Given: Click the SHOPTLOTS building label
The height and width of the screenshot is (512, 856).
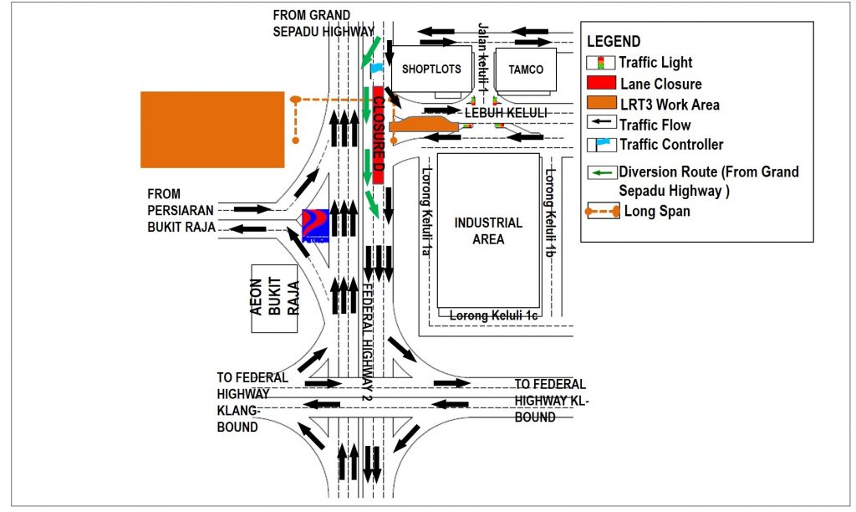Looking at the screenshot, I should pos(431,69).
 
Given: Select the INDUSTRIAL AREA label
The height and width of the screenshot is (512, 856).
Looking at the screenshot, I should pos(488,231).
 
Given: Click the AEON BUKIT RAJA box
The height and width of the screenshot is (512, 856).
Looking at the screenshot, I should pos(275,298).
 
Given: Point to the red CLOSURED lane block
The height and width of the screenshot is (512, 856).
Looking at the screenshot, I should pos(378,134).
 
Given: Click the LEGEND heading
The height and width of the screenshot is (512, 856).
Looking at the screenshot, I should pos(614,42).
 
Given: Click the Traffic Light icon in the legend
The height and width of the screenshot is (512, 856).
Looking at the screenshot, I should pos(600,63).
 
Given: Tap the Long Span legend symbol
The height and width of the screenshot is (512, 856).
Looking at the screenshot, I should pos(602,212).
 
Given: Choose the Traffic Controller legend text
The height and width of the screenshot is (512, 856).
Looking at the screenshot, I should pos(671,145).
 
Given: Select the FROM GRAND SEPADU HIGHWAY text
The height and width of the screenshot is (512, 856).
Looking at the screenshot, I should pos(324,23).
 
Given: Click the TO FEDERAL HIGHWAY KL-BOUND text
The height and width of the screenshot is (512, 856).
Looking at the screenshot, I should pos(551,400).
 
